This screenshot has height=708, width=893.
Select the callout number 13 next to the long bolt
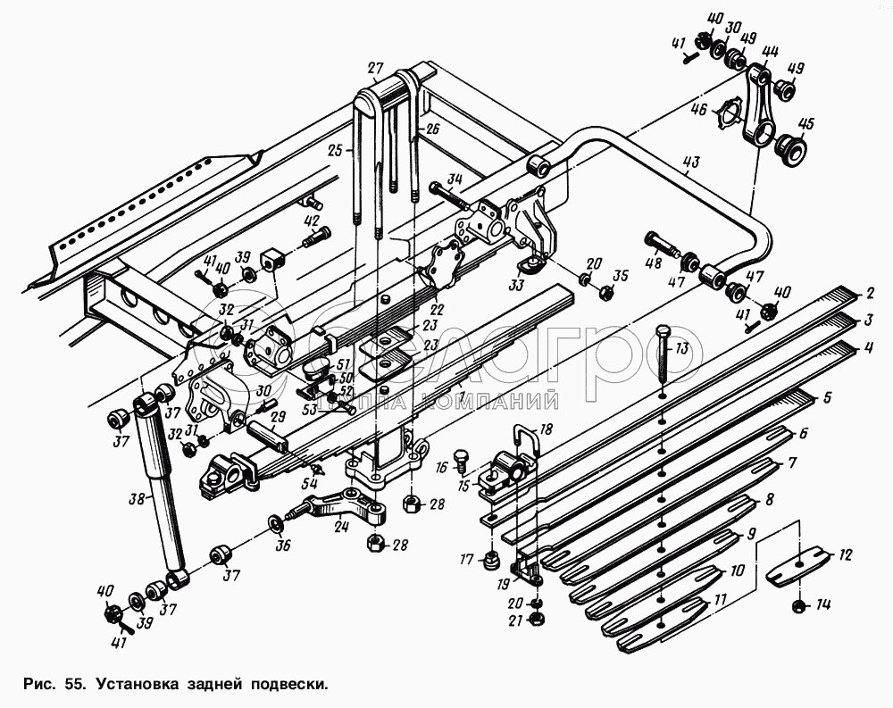pyautogui.click(x=683, y=348)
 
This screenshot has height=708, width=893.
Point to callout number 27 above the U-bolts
pyautogui.click(x=375, y=68)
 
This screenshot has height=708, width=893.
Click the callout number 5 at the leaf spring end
pyautogui.click(x=827, y=396)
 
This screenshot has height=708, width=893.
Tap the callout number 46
pyautogui.click(x=698, y=110)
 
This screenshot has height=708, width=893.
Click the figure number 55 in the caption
pyautogui.click(x=75, y=685)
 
